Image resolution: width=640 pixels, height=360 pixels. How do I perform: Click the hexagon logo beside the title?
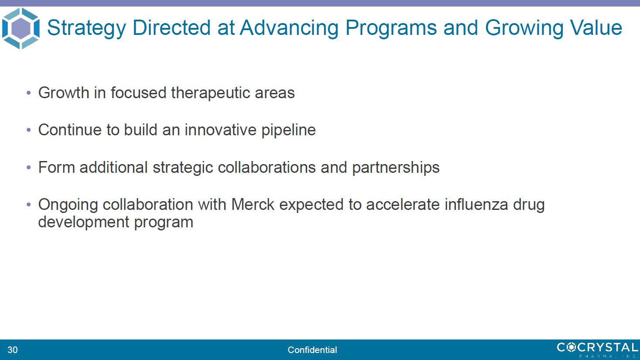coord(21,28)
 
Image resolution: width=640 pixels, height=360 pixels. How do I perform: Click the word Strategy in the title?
coord(86,28)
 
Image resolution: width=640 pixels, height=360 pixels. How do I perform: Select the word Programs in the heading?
coord(391,28)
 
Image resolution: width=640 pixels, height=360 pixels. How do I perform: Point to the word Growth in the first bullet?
coord(64,93)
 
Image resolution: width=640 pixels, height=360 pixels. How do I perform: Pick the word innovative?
coord(221,130)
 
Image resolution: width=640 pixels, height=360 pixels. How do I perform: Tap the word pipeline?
coord(288,130)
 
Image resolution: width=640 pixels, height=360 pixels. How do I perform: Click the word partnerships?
coord(396,168)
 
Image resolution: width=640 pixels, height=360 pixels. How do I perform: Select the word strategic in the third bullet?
coord(183,168)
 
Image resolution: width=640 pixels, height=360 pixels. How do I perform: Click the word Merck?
coord(253,204)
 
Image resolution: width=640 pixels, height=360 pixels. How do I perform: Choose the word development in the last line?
coord(84,222)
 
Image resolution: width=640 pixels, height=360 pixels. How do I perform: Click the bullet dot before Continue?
coord(28,130)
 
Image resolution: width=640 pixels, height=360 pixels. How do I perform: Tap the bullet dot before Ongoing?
coord(28,205)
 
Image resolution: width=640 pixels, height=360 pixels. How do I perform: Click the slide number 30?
coord(13,350)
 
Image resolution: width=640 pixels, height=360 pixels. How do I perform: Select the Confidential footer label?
coord(312,350)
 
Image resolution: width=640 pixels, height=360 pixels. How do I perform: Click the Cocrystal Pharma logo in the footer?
coord(598,350)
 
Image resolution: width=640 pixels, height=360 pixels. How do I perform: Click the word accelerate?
coord(403,204)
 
